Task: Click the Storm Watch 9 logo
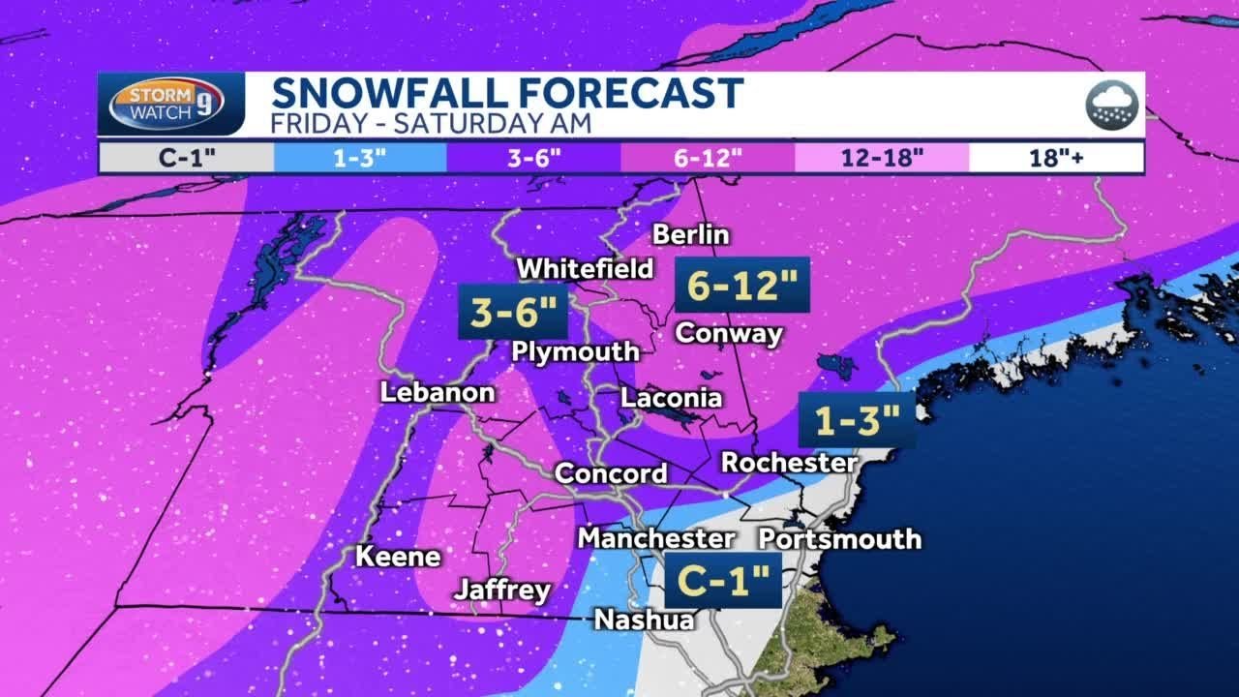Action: [166, 104]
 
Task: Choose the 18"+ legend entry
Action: [1057, 158]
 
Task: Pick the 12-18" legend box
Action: [882, 158]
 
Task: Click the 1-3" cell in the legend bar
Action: [359, 158]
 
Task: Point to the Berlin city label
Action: [691, 234]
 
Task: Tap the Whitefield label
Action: [585, 268]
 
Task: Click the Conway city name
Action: [729, 333]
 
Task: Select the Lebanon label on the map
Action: [438, 392]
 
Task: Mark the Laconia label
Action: [671, 398]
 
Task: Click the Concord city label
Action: [611, 473]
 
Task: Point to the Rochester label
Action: [789, 463]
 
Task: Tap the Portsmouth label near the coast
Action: [839, 538]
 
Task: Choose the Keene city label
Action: [398, 557]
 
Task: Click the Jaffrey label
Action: [502, 590]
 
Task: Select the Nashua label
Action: [644, 620]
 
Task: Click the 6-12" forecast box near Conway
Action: [742, 285]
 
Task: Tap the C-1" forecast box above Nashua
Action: [723, 581]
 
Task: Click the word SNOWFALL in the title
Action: [389, 94]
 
